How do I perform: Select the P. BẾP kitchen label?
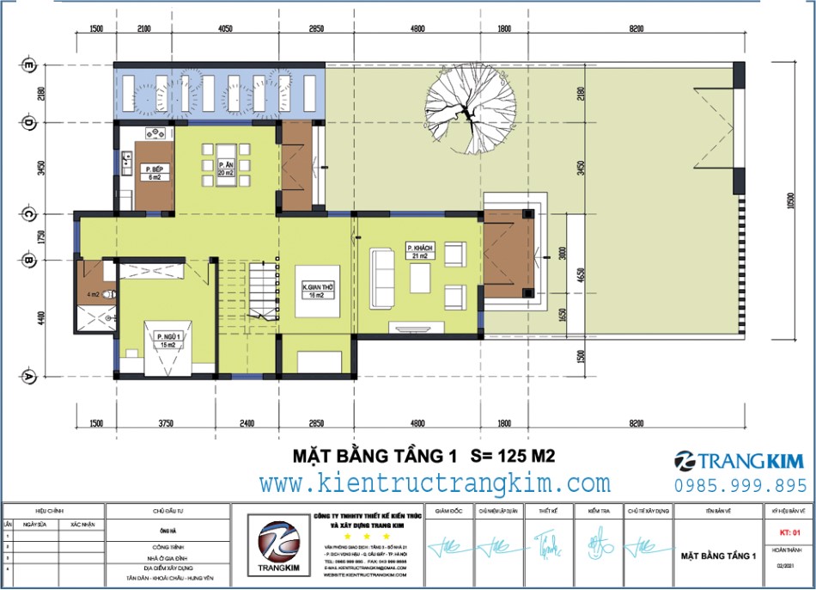[x=155, y=172]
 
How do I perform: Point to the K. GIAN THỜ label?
[x=318, y=291]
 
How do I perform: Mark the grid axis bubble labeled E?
[x=28, y=65]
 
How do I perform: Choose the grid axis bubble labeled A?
[x=28, y=377]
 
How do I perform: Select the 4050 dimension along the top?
[x=225, y=28]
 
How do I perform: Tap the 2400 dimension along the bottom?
[x=246, y=423]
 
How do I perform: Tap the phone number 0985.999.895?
[x=740, y=485]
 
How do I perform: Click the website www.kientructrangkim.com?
[x=435, y=483]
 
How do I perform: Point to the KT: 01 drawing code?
[x=788, y=532]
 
